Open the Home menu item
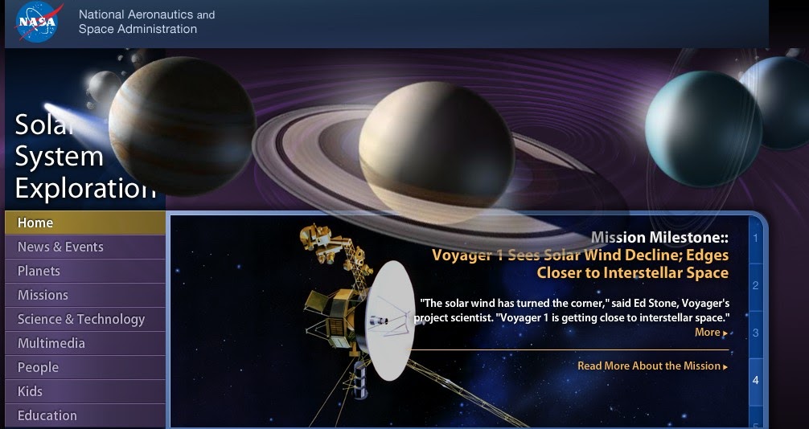(35, 223)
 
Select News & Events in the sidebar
(60, 247)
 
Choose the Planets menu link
(39, 271)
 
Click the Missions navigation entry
(43, 295)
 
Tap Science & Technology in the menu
(81, 319)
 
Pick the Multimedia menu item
(51, 343)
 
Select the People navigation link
(38, 368)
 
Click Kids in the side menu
(30, 391)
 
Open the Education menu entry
(47, 415)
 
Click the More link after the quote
(711, 333)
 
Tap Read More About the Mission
(653, 366)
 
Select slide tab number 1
(755, 239)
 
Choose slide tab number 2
(755, 286)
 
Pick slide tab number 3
(755, 333)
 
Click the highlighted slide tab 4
(755, 381)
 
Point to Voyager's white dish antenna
(391, 321)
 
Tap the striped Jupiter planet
(182, 126)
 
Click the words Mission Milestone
(659, 238)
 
